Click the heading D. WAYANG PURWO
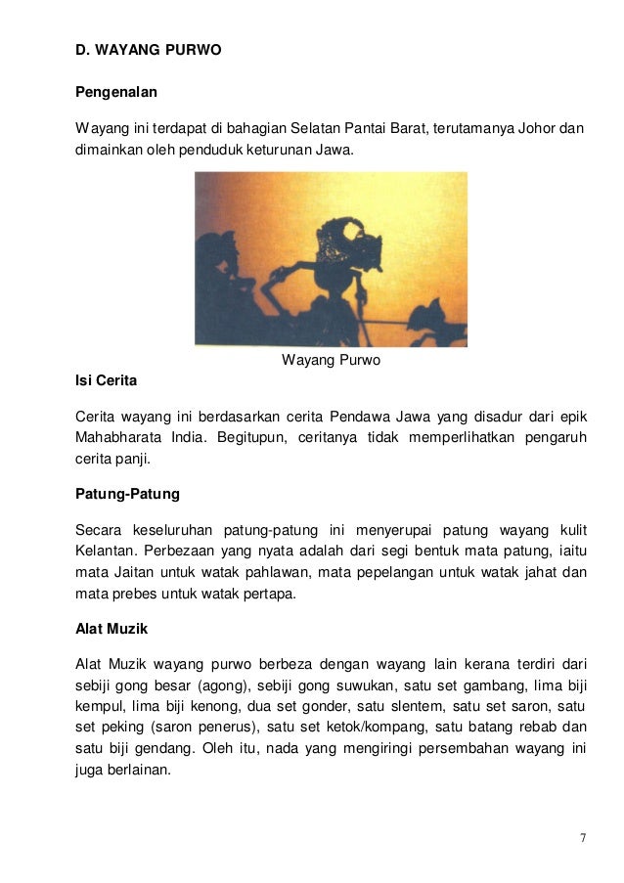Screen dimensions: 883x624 tap(149, 48)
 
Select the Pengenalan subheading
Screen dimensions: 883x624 tap(116, 92)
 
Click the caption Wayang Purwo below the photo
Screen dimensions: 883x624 tap(331, 360)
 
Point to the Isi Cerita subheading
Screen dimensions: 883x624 tap(107, 379)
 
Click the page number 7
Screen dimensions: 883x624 tap(583, 838)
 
